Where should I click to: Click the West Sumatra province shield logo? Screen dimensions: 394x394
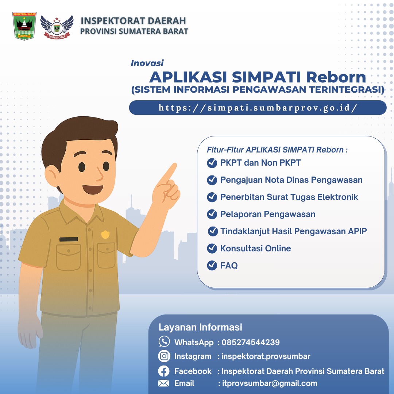pyautogui.click(x=24, y=26)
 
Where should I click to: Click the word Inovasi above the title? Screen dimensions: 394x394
pyautogui.click(x=147, y=63)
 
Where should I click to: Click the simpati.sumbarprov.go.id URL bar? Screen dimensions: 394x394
pyautogui.click(x=258, y=108)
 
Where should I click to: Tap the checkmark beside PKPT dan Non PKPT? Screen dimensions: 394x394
pyautogui.click(x=212, y=163)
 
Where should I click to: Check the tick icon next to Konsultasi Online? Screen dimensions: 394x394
pyautogui.click(x=212, y=249)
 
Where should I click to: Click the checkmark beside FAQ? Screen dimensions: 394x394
pyautogui.click(x=212, y=266)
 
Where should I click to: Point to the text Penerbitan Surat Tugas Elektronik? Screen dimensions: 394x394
pyautogui.click(x=289, y=197)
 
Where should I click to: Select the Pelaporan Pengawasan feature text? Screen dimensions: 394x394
pyautogui.click(x=268, y=215)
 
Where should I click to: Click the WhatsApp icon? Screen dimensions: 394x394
pyautogui.click(x=164, y=342)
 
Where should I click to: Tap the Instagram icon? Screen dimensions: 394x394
pyautogui.click(x=164, y=356)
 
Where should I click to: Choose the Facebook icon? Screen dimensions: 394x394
pyautogui.click(x=164, y=371)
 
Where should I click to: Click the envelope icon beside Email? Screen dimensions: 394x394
pyautogui.click(x=163, y=383)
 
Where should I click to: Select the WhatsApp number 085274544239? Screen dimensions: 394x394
pyautogui.click(x=251, y=343)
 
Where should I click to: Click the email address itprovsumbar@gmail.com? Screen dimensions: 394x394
pyautogui.click(x=270, y=383)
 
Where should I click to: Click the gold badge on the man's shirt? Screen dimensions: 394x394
pyautogui.click(x=105, y=234)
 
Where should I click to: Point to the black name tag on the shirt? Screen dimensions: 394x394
pyautogui.click(x=69, y=239)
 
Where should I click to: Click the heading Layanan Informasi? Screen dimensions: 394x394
pyautogui.click(x=200, y=327)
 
